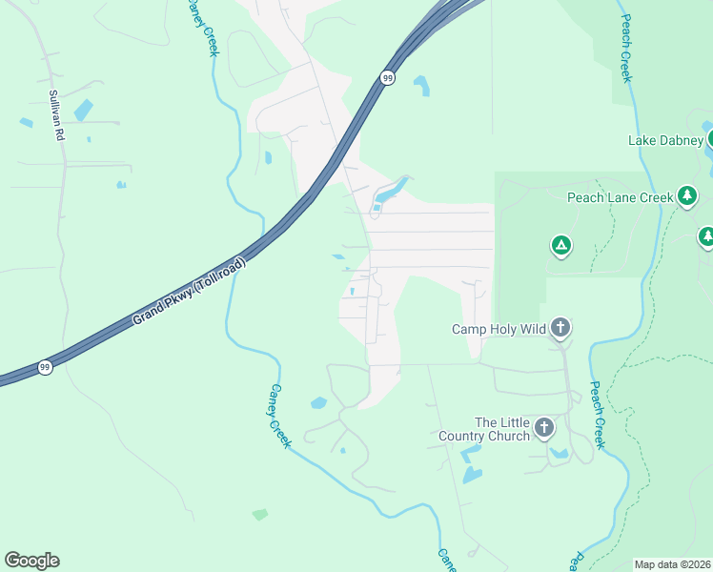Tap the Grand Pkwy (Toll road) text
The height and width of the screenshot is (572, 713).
(x=189, y=292)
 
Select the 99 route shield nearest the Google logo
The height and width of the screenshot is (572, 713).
(x=44, y=366)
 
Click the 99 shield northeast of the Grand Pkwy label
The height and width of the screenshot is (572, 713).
(x=386, y=78)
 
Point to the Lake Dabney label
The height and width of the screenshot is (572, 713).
(x=664, y=140)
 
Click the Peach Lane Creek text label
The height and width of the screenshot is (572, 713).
(x=621, y=197)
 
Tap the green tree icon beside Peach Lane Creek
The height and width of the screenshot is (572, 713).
(x=687, y=197)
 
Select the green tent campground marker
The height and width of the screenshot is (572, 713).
(x=561, y=246)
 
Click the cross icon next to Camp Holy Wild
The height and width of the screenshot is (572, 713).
(x=560, y=329)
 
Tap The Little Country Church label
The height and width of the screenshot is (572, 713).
(x=501, y=429)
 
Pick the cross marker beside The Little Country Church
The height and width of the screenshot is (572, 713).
(x=544, y=427)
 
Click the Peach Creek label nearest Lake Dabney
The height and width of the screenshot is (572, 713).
(x=625, y=48)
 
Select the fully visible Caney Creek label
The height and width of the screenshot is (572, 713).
(x=277, y=416)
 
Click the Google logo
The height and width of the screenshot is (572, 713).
(x=31, y=561)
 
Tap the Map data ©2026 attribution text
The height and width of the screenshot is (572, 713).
(x=671, y=564)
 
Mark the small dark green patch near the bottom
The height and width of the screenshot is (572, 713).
(x=260, y=515)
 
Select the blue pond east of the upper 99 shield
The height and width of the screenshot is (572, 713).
(x=420, y=86)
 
